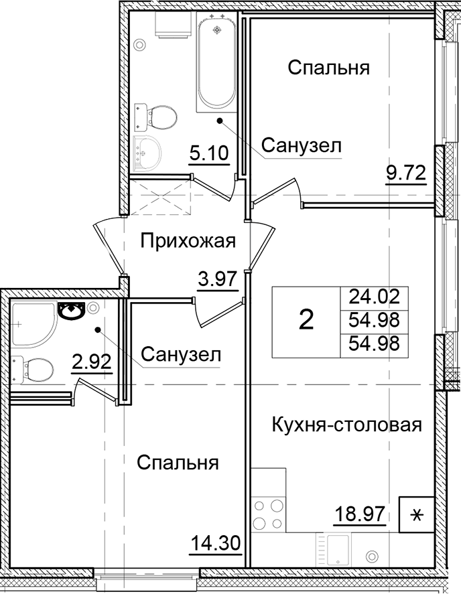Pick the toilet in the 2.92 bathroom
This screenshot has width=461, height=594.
[x=34, y=368]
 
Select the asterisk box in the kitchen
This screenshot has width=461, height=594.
[x=416, y=515]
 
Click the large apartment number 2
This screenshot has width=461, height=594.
[x=306, y=321]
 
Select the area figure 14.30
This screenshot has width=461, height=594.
[x=214, y=542]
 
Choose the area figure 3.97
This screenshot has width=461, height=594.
[x=218, y=277]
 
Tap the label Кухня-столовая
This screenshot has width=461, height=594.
[x=346, y=425]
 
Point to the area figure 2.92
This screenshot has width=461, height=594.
[x=91, y=363]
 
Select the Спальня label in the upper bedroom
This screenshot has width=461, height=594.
[x=329, y=68]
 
